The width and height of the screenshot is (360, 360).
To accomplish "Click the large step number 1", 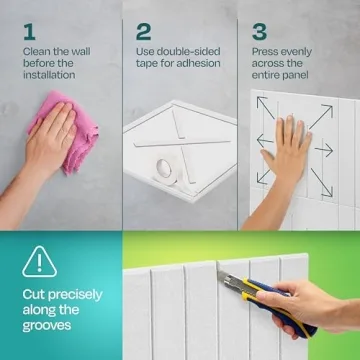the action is click(29, 32).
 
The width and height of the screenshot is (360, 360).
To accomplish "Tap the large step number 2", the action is click(143, 32).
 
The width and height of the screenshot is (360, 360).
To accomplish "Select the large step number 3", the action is click(259, 32).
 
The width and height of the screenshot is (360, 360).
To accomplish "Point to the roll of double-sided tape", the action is click(167, 172).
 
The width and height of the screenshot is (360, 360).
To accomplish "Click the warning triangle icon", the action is click(39, 262).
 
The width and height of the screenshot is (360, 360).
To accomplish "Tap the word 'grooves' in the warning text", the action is click(47, 326).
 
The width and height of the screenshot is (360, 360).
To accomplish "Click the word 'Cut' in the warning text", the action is click(33, 295).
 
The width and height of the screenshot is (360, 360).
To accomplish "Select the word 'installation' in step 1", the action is click(49, 75).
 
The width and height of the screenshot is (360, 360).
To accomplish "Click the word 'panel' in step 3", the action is click(294, 75).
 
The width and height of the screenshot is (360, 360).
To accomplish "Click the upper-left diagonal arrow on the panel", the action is click(266, 107).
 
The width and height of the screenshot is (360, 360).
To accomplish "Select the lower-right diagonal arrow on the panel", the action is click(322, 182).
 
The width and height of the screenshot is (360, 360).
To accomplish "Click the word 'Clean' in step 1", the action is click(37, 52).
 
